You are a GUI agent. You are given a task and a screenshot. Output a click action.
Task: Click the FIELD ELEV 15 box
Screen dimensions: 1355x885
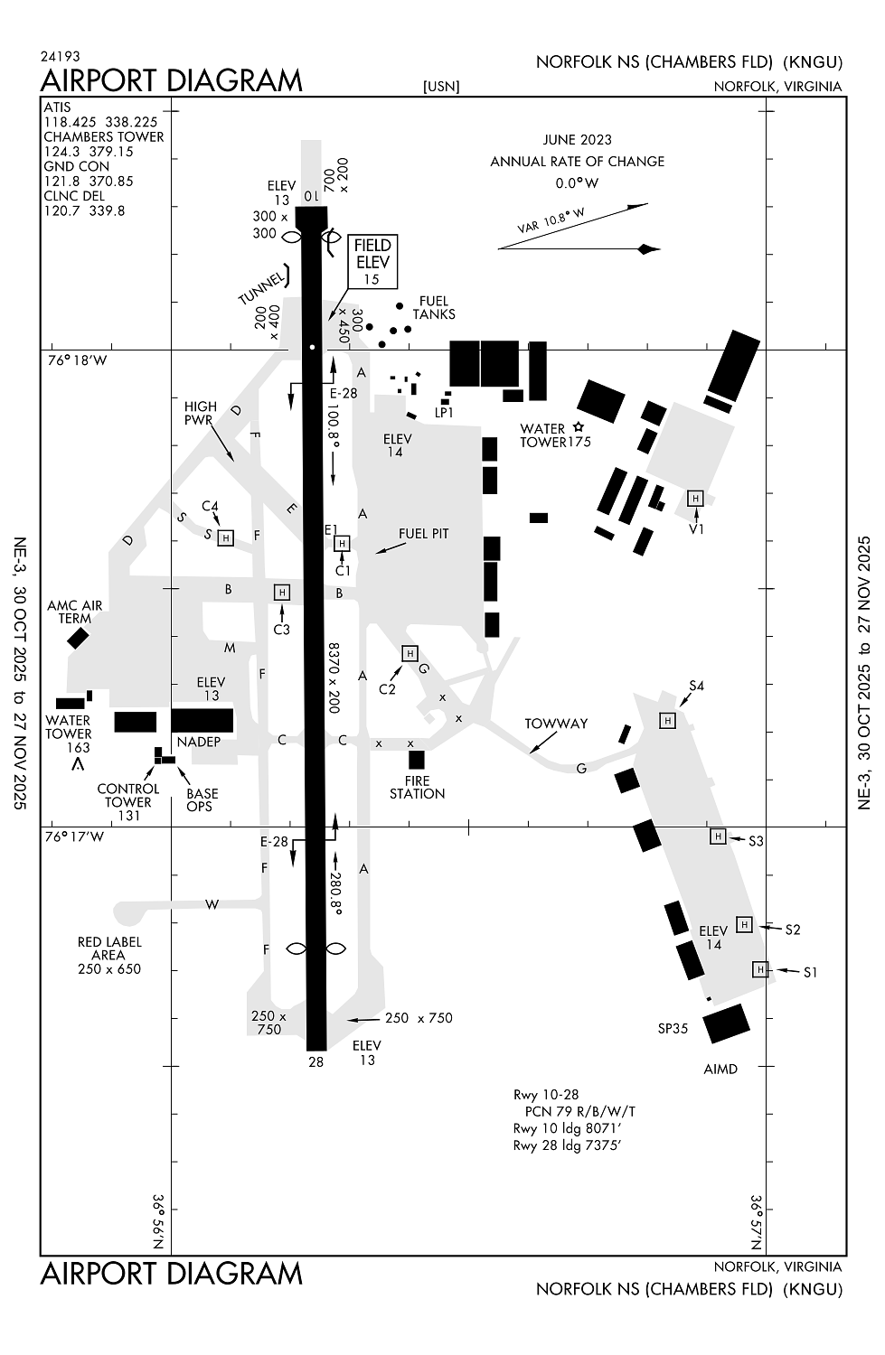tap(372, 262)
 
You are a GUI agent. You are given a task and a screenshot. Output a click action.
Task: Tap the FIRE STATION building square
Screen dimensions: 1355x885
tap(417, 760)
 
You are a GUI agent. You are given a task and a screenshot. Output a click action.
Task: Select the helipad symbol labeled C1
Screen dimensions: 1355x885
tap(342, 543)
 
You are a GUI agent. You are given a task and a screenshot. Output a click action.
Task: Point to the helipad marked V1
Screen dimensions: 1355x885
tap(695, 499)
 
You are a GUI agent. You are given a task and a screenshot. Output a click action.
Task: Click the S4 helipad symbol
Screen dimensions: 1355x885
tap(667, 720)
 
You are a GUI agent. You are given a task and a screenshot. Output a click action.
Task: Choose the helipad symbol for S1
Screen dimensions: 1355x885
tap(760, 969)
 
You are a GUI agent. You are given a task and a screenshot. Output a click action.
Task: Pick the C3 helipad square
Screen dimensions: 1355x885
tap(282, 593)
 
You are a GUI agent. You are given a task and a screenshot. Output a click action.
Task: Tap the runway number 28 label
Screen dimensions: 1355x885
tap(315, 1062)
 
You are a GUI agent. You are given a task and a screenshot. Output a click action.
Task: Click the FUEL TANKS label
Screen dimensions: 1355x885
tap(434, 308)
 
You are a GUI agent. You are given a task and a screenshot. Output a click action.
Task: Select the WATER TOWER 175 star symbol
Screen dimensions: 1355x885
tap(579, 427)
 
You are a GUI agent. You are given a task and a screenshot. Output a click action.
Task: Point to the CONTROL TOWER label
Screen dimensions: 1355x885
tap(128, 795)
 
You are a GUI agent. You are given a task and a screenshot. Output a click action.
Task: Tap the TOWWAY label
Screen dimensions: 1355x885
tap(556, 724)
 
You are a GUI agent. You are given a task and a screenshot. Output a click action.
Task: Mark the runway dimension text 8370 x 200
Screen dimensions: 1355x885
tap(334, 677)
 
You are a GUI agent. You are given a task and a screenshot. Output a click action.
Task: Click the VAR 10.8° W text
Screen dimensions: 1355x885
tap(551, 221)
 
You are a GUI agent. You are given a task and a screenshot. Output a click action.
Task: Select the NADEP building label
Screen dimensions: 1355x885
tap(199, 742)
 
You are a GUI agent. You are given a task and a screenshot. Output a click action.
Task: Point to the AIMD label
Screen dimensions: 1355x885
tap(720, 1069)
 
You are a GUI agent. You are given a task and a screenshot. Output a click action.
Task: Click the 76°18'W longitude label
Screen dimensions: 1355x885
tap(77, 360)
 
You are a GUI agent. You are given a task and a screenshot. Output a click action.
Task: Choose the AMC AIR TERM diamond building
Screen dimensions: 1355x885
tap(78, 638)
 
